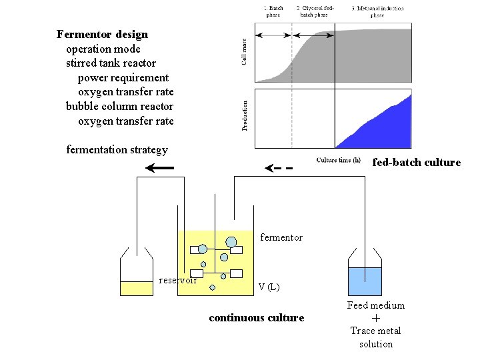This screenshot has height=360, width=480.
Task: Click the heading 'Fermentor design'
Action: pos(103,34)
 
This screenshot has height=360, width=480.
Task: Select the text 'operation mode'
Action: pos(103,49)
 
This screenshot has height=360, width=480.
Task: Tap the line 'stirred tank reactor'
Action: pos(111,63)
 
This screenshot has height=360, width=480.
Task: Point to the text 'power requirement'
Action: pos(123,77)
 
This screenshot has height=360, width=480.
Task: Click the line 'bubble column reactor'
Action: pos(119,106)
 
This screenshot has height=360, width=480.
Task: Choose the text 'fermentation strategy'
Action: pos(117,149)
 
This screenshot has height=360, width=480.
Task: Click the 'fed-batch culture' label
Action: pos(416,162)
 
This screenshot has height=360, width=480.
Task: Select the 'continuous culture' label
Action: pos(256,317)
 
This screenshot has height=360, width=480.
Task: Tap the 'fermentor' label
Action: pos(281,237)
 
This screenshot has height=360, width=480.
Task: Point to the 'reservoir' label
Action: pos(178,280)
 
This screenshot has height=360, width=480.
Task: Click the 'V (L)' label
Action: pos(269,287)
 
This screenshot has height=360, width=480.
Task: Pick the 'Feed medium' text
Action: pos(375,305)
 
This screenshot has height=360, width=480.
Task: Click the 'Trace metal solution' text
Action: pos(375,337)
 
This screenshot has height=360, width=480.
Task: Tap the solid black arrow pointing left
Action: pos(160,168)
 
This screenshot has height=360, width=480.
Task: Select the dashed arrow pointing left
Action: pos(279,168)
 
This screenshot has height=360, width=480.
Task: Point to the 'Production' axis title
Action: pos(245,115)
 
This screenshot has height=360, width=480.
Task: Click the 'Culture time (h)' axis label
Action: pos(338,160)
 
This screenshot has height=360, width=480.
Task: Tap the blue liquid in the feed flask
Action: pos(365,281)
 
